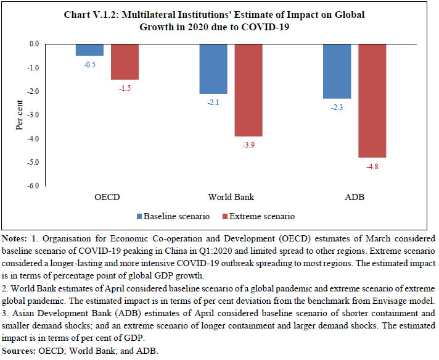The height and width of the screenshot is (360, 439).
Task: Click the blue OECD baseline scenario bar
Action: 90,50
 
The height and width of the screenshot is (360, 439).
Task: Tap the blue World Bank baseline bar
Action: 213,69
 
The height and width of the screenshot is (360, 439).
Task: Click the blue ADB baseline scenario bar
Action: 337,71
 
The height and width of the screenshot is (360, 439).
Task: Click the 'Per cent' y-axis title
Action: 19,115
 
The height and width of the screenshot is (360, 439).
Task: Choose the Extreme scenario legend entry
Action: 259,217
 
